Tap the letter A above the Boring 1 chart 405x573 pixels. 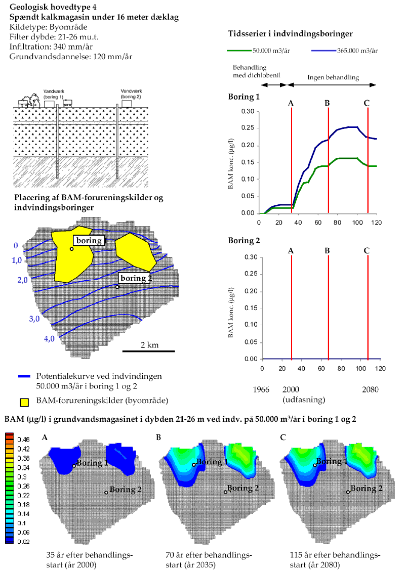click(x=291, y=103)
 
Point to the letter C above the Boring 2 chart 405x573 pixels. click(x=367, y=250)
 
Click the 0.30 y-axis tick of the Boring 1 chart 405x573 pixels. click(x=247, y=112)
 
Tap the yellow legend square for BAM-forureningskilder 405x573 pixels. click(x=24, y=403)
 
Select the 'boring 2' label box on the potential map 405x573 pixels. click(x=135, y=278)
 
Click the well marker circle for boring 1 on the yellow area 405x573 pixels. click(x=72, y=249)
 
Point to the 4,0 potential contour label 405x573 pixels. click(x=49, y=339)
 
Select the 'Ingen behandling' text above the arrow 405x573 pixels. click(x=333, y=77)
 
